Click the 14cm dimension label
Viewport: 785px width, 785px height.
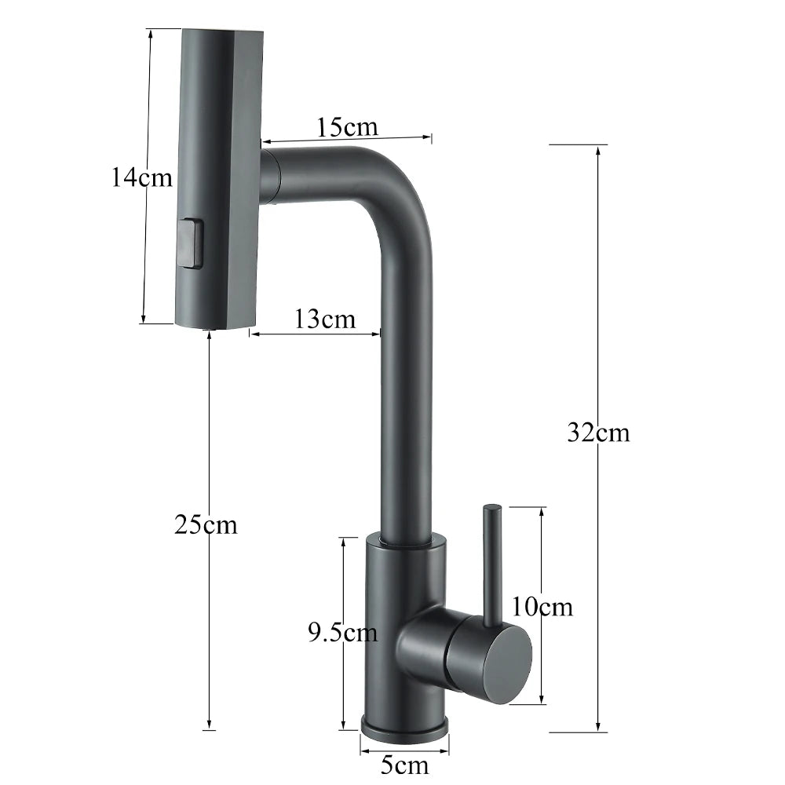point(141,177)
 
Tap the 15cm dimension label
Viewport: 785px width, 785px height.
point(347,126)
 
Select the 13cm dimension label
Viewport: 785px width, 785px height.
point(325,319)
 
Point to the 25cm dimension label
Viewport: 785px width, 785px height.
point(206,524)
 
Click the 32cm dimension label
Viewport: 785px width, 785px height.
point(598,433)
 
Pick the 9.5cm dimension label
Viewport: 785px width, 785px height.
point(342,632)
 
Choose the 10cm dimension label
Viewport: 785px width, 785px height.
point(542,606)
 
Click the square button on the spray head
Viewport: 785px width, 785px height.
point(190,243)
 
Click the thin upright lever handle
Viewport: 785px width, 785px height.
point(491,561)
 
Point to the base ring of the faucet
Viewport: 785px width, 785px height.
point(404,726)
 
